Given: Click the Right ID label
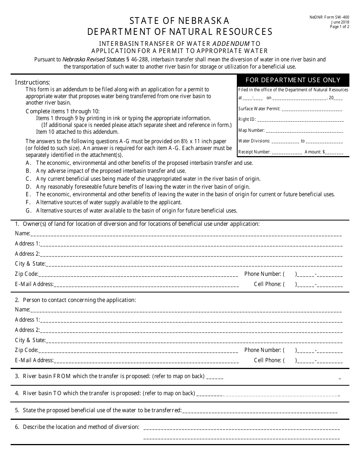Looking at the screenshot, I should point(247,119).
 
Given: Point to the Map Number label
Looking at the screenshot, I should point(251,130).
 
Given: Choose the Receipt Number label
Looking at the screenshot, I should point(254,152).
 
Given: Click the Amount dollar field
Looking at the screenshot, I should point(334,152).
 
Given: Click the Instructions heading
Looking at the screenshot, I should point(32,82).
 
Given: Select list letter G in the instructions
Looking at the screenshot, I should point(28,211).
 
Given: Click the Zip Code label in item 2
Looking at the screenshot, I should point(26,350).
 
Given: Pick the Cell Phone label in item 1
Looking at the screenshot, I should point(267,284).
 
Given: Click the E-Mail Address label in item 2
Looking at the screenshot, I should point(34,360).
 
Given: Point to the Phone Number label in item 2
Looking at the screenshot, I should point(262,350).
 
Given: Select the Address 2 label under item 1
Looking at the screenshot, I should point(27,254).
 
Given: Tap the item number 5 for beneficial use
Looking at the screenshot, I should point(17,410).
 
